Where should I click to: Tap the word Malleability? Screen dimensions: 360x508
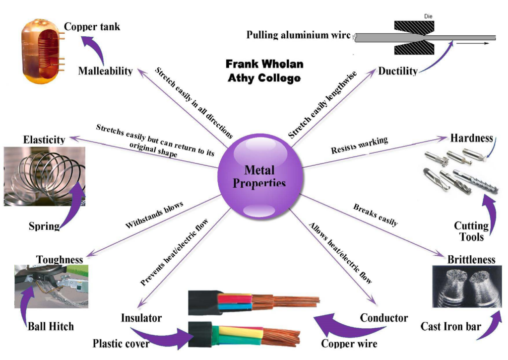click(x=105, y=71)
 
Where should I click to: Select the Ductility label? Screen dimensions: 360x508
click(x=398, y=71)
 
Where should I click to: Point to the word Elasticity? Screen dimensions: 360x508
click(x=44, y=140)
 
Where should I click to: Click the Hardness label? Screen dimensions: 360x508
click(x=471, y=138)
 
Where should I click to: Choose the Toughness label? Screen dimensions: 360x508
click(x=60, y=259)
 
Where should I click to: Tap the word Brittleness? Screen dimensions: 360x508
click(x=471, y=259)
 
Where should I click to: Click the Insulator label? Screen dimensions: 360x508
click(x=141, y=317)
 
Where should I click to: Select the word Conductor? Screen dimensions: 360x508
click(x=384, y=318)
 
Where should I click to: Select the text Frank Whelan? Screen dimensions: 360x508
click(x=264, y=64)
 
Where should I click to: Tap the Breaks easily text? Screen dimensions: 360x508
click(x=375, y=215)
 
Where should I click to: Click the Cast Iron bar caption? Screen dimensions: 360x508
click(x=450, y=326)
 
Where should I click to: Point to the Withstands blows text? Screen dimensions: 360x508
click(x=155, y=215)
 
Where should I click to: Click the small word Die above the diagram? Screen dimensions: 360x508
click(x=429, y=16)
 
